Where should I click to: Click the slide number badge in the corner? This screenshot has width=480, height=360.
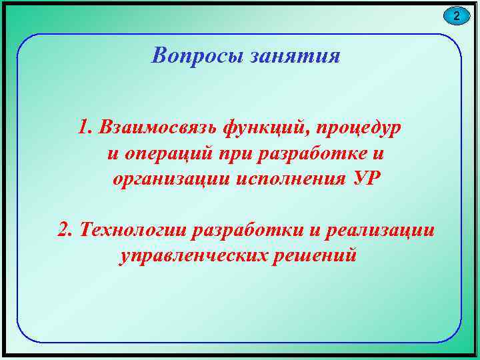click(x=457, y=15)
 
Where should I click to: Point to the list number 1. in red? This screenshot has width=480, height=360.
click(x=84, y=126)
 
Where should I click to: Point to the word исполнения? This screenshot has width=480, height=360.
click(x=289, y=179)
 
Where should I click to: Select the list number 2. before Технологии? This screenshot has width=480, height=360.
click(x=65, y=229)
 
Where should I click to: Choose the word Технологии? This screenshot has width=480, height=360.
click(x=132, y=229)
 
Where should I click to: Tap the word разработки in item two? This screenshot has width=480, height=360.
click(x=246, y=229)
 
